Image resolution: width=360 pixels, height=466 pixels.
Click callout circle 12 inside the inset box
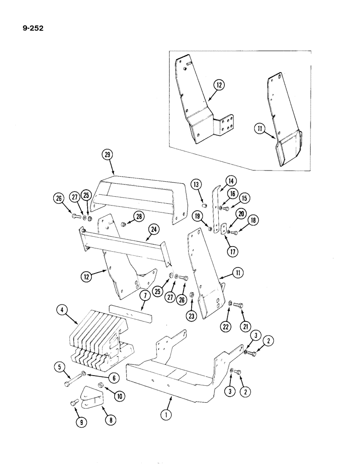coord(219,85)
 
